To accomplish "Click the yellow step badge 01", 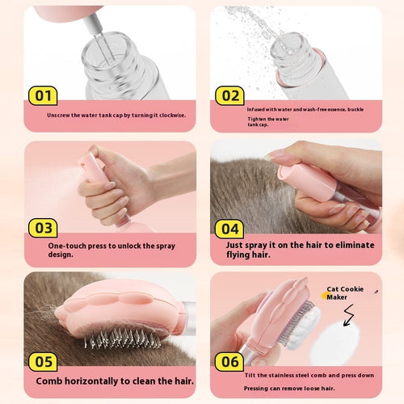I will coord(43,96).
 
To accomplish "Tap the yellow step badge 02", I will coord(229,96).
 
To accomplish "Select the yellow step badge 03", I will coord(43,228).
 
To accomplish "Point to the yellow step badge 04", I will coord(229,229).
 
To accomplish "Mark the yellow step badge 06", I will coord(229,361).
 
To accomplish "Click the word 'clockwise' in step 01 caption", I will coord(168,116).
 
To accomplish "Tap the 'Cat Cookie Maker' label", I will coord(345,293).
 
